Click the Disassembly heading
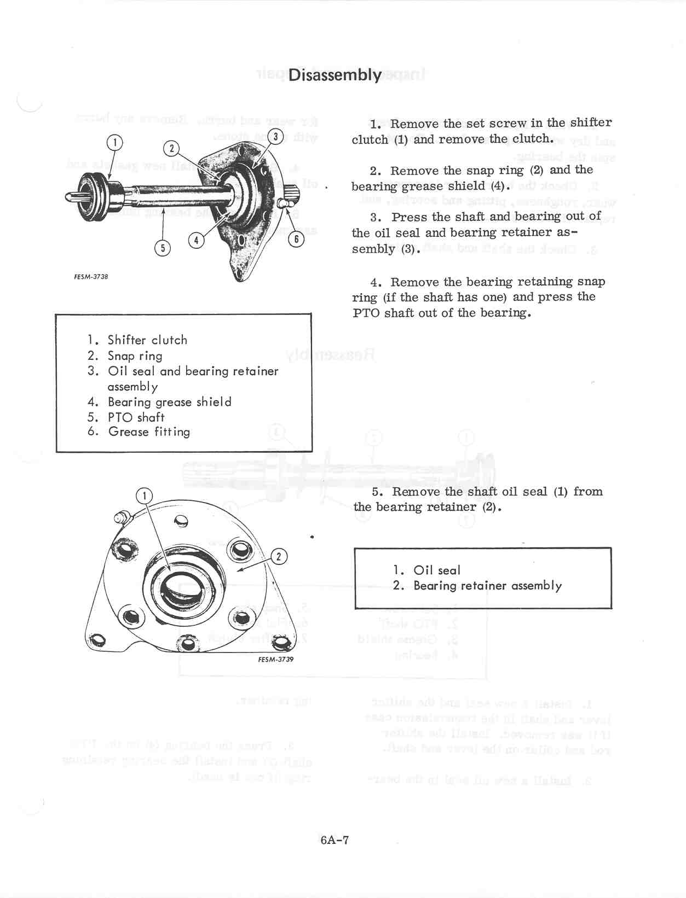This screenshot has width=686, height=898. tap(335, 75)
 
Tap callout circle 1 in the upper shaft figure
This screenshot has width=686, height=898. tap(114, 143)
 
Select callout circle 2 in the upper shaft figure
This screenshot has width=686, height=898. tap(171, 148)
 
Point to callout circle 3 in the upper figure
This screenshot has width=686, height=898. tap(276, 136)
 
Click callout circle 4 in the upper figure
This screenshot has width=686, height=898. tap(196, 240)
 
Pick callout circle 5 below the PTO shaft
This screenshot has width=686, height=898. tap(163, 248)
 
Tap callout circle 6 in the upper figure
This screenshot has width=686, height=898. tap(296, 239)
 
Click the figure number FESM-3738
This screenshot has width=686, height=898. tap(91, 277)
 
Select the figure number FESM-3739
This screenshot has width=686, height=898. tap(275, 660)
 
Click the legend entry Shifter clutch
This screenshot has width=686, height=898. tap(147, 340)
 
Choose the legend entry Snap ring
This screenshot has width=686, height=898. tap(135, 356)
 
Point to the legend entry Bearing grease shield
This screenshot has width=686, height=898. tap(169, 402)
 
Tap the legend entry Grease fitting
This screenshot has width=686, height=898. tap(149, 432)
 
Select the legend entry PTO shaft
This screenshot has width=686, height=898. tap(136, 417)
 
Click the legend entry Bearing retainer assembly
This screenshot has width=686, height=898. tap(487, 586)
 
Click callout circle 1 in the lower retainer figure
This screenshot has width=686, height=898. tap(144, 496)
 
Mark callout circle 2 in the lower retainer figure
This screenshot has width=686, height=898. tap(279, 557)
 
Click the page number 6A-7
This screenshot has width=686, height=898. tap(335, 839)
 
